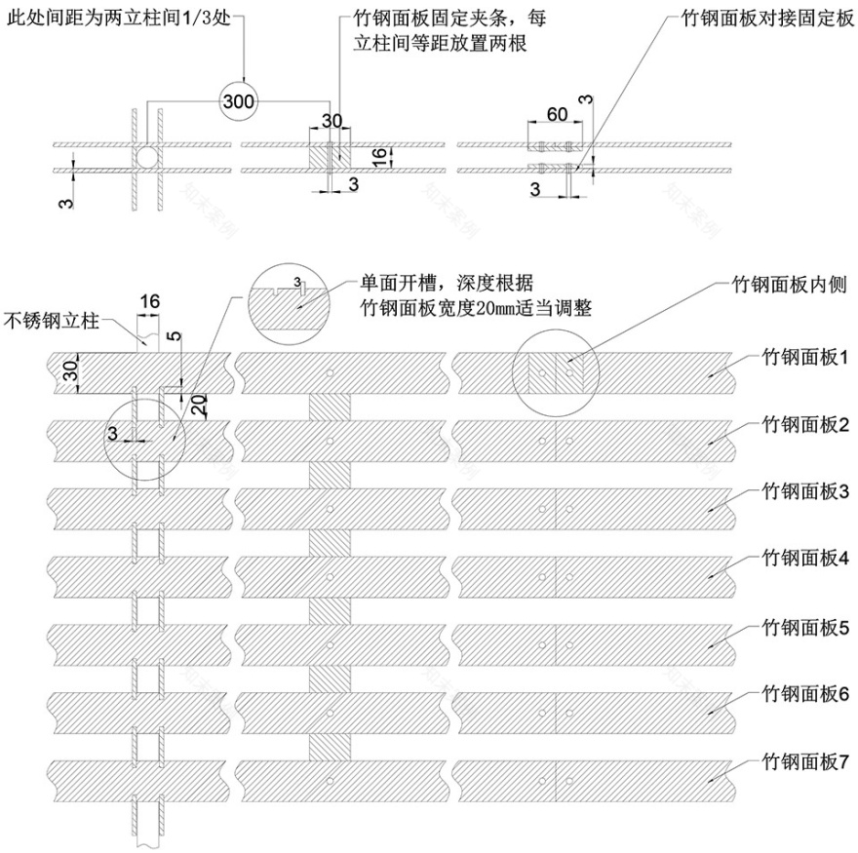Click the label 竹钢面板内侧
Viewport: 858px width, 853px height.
point(793,286)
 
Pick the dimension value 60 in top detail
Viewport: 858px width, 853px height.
point(557,114)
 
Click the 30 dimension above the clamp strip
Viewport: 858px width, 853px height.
point(332,120)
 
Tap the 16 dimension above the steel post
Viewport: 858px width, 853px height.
point(149,301)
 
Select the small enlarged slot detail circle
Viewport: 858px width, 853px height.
point(290,297)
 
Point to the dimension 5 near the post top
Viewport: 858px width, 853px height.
point(173,337)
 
